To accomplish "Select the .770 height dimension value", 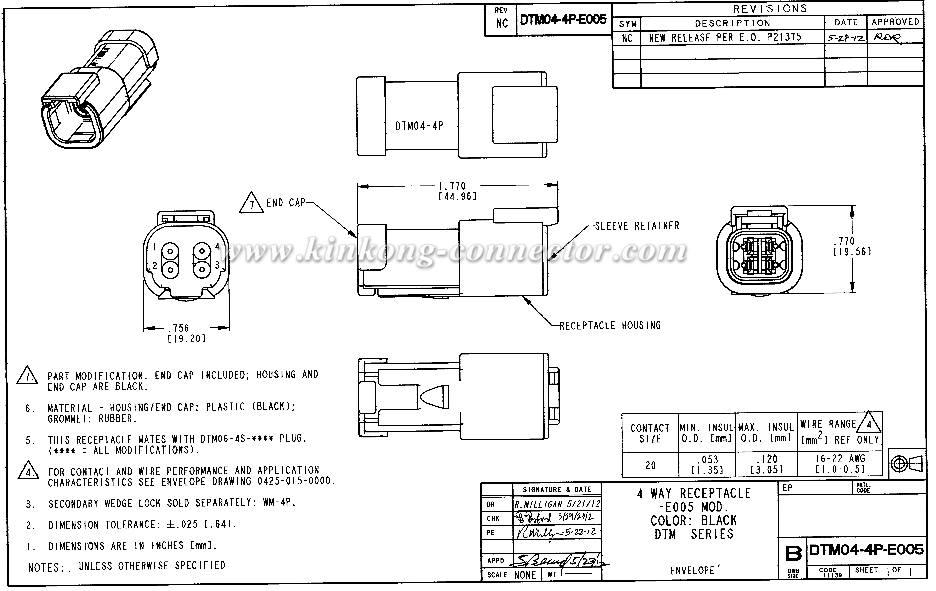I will (844, 241).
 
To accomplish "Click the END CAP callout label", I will (286, 203).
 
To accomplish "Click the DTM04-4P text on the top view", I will (419, 126).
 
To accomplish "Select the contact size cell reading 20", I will (650, 465).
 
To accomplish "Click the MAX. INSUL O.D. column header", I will (766, 432).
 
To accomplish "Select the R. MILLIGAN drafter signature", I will (557, 504).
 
